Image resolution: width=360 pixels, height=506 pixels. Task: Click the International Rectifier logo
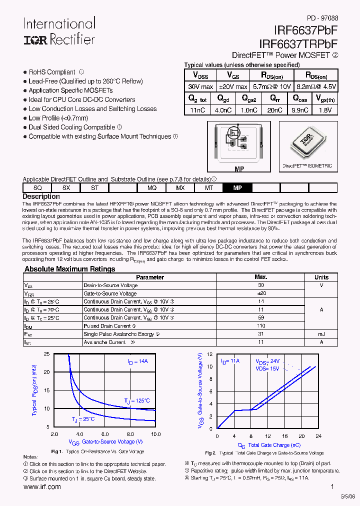pos(59,31)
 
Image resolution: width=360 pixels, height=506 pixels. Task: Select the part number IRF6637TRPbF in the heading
pos(298,44)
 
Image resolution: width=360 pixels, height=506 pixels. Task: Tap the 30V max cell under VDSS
pos(200,86)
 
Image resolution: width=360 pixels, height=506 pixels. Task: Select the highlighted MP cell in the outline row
pos(238,188)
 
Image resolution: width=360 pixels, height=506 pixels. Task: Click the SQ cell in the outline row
pos(37,188)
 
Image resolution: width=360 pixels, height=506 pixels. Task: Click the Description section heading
pos(41,196)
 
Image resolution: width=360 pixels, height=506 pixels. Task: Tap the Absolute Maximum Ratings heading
pos(69,269)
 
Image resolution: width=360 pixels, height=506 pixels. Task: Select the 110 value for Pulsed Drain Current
pos(260,325)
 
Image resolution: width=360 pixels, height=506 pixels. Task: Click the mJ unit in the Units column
pos(321,334)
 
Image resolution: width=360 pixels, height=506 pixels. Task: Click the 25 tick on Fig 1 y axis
pos(46,354)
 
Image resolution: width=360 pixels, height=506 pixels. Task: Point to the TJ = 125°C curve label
pos(137,400)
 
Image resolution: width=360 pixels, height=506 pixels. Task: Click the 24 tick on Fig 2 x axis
pos(318,436)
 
